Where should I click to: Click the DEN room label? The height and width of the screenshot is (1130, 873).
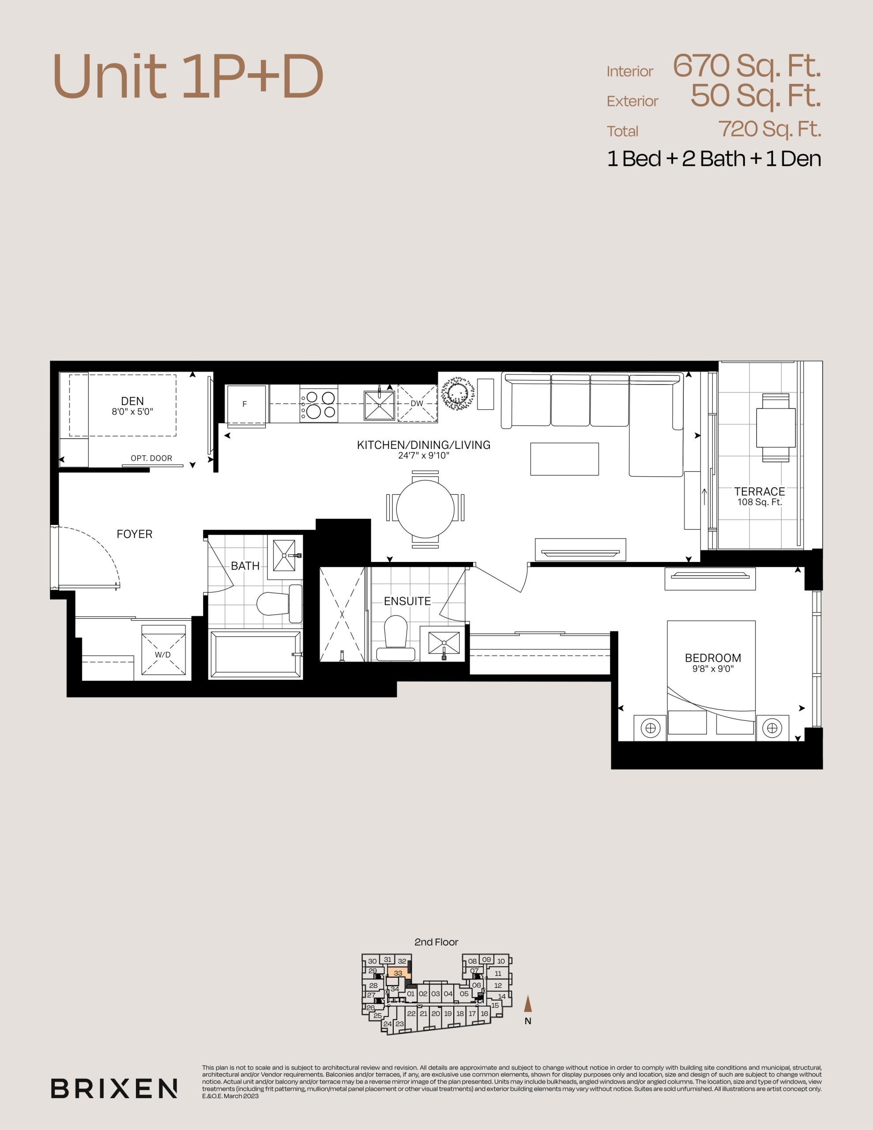132,401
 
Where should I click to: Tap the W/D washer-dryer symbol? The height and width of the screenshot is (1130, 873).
163,650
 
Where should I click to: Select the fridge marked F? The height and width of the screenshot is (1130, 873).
246,404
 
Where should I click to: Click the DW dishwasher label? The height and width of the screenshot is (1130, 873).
417,403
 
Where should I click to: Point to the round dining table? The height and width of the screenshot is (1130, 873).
425,508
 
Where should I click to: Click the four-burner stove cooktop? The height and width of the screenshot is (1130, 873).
319,404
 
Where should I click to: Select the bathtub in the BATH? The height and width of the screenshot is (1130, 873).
255,654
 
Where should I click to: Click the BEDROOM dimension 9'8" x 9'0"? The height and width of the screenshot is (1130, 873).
713,668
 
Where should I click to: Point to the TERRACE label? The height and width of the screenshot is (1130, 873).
759,492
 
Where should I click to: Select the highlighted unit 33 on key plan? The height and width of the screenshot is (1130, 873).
399,973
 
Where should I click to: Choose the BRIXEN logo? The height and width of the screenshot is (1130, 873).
114,1088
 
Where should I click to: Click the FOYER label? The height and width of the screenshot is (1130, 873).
135,534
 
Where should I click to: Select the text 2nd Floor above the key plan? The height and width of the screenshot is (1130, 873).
436,942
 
